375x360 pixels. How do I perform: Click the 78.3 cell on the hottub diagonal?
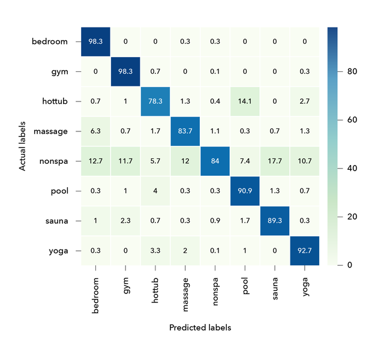155,101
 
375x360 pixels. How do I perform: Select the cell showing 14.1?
244,101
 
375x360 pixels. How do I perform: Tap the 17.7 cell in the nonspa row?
274,161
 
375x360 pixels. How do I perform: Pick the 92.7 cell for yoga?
304,251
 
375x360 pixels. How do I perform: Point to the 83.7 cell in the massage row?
185,131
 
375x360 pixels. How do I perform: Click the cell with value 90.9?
244,191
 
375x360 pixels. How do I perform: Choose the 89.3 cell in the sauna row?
274,221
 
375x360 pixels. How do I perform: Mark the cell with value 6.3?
96,131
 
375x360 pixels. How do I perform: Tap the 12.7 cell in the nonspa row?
96,161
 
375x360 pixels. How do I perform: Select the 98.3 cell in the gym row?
125,71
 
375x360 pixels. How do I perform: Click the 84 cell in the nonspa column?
215,161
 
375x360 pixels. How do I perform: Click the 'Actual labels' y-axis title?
23,146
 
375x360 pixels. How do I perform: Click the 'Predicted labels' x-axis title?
200,328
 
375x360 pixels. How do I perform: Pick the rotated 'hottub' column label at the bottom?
155,293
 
